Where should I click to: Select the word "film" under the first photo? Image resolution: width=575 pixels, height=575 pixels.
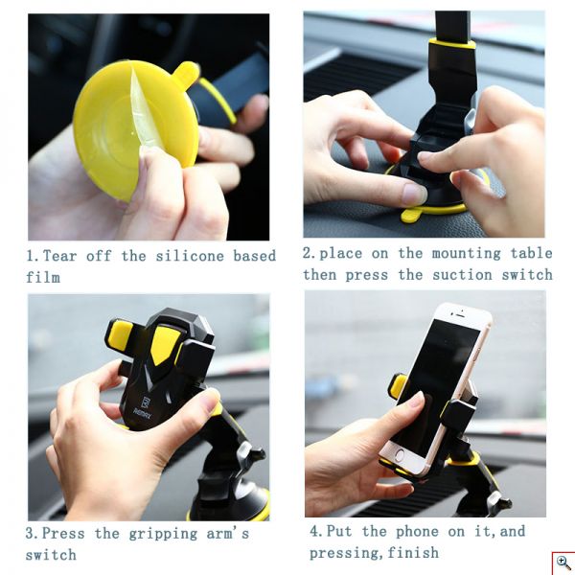43,278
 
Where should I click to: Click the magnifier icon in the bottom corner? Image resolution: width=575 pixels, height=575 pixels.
563,563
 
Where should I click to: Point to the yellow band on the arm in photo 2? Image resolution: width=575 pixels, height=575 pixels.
451,43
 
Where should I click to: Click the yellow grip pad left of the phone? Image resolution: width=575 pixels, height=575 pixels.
398,385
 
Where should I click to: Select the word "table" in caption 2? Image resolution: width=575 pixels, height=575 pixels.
531,254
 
